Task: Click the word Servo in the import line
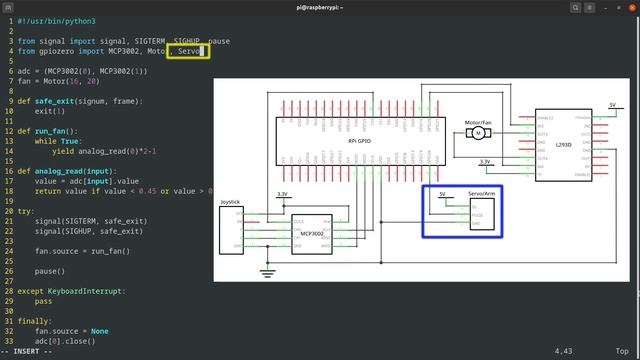tap(190, 50)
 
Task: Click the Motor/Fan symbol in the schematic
tap(478, 133)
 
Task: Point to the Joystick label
tap(229, 202)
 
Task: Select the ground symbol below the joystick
tap(267, 271)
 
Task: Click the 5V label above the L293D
tap(612, 104)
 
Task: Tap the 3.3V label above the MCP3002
tap(282, 194)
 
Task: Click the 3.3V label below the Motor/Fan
tap(485, 161)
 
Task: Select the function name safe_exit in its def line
tap(58, 100)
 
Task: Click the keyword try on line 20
tap(25, 211)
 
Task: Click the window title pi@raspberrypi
tap(319, 6)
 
